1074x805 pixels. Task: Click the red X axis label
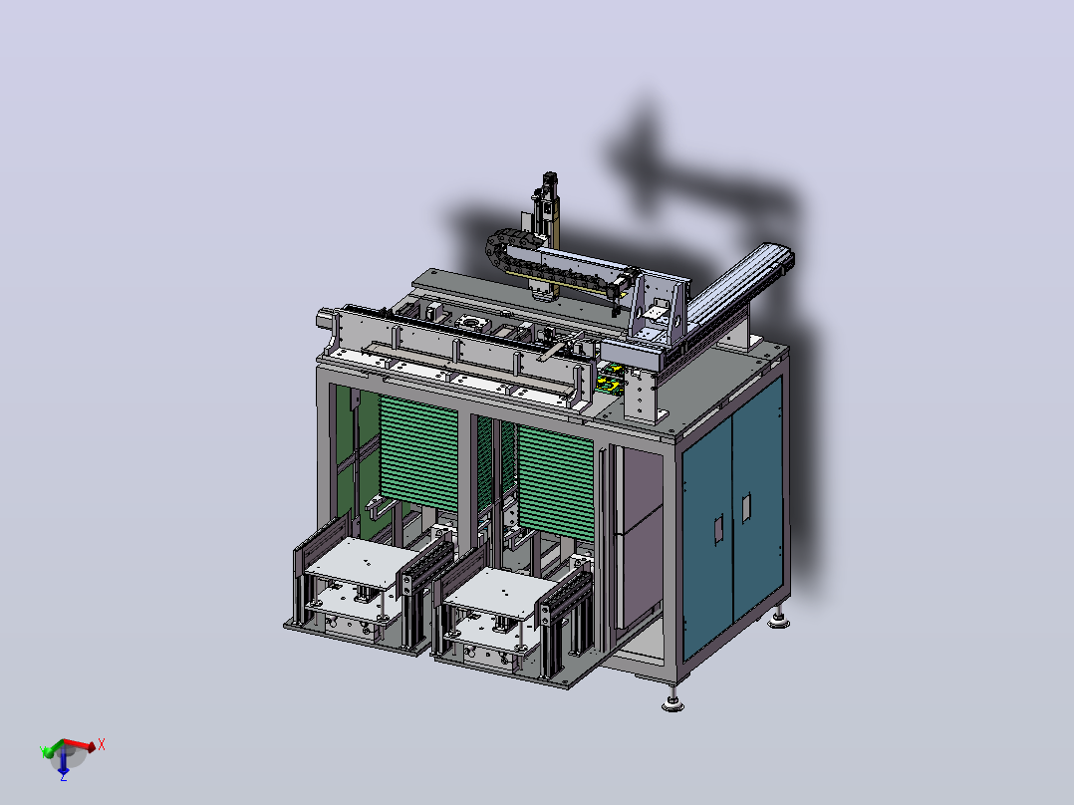(102, 744)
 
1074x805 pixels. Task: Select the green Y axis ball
(47, 753)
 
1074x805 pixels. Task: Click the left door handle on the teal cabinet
(718, 530)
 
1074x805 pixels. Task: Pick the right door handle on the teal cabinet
(746, 508)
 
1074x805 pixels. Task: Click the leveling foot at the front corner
(672, 700)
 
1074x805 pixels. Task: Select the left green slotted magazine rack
(418, 453)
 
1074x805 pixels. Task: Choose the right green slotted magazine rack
(556, 481)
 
